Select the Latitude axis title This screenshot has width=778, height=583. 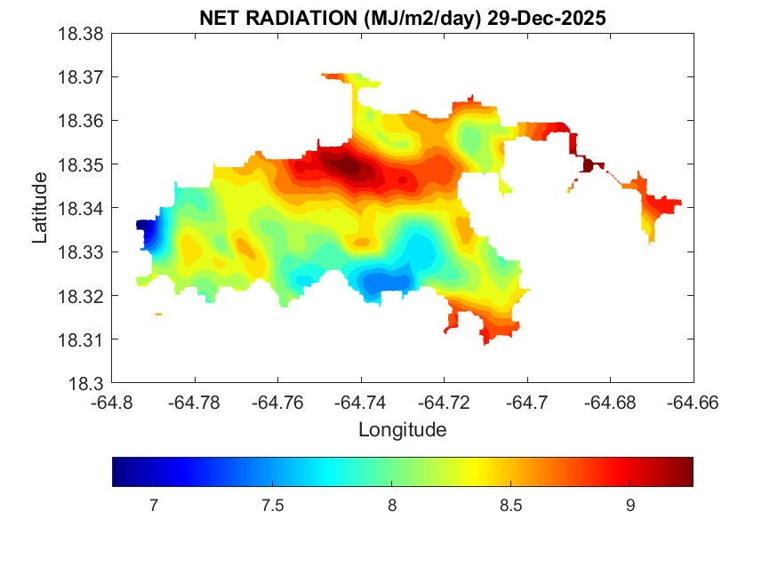coord(40,209)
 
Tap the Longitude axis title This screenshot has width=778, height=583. coord(402,430)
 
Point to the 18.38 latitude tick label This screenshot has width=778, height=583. coord(82,34)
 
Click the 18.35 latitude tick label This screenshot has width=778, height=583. coord(82,165)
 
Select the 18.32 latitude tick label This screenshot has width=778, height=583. coord(82,296)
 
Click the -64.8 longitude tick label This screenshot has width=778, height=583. coord(113,402)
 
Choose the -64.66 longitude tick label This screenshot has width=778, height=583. coord(693,402)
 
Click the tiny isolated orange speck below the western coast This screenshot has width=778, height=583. coord(158,314)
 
